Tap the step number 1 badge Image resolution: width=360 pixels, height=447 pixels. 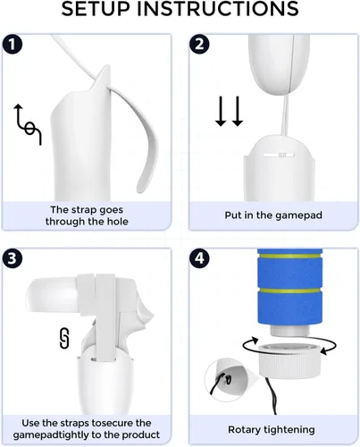pyautogui.click(x=12, y=45)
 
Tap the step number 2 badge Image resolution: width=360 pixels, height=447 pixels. pyautogui.click(x=199, y=45)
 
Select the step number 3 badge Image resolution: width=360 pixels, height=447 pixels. pyautogui.click(x=12, y=258)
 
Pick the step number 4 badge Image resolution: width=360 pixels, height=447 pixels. pyautogui.click(x=199, y=258)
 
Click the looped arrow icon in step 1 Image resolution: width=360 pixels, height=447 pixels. pyautogui.click(x=28, y=124)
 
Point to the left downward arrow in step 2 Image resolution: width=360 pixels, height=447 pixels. pyautogui.click(x=221, y=111)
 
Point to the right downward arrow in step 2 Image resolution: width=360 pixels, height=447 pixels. pyautogui.click(x=238, y=111)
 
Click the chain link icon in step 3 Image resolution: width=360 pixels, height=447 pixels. pyautogui.click(x=64, y=338)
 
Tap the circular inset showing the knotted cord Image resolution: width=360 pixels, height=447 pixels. pyautogui.click(x=224, y=379)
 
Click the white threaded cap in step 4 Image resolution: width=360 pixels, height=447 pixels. pyautogui.click(x=289, y=359)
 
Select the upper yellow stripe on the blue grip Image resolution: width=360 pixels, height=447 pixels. pyautogui.click(x=289, y=256)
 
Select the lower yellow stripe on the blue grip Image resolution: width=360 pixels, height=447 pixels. pyautogui.click(x=289, y=291)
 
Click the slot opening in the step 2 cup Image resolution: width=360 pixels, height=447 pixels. pyautogui.click(x=279, y=155)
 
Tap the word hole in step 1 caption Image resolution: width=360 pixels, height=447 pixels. pyautogui.click(x=118, y=222)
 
